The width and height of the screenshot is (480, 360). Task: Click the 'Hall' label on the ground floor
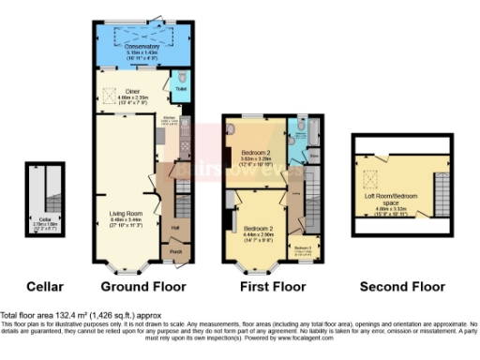pos(174,226)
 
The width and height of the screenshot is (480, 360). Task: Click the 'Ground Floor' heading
pos(142,286)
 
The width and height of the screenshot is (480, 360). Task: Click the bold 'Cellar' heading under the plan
pos(43,286)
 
